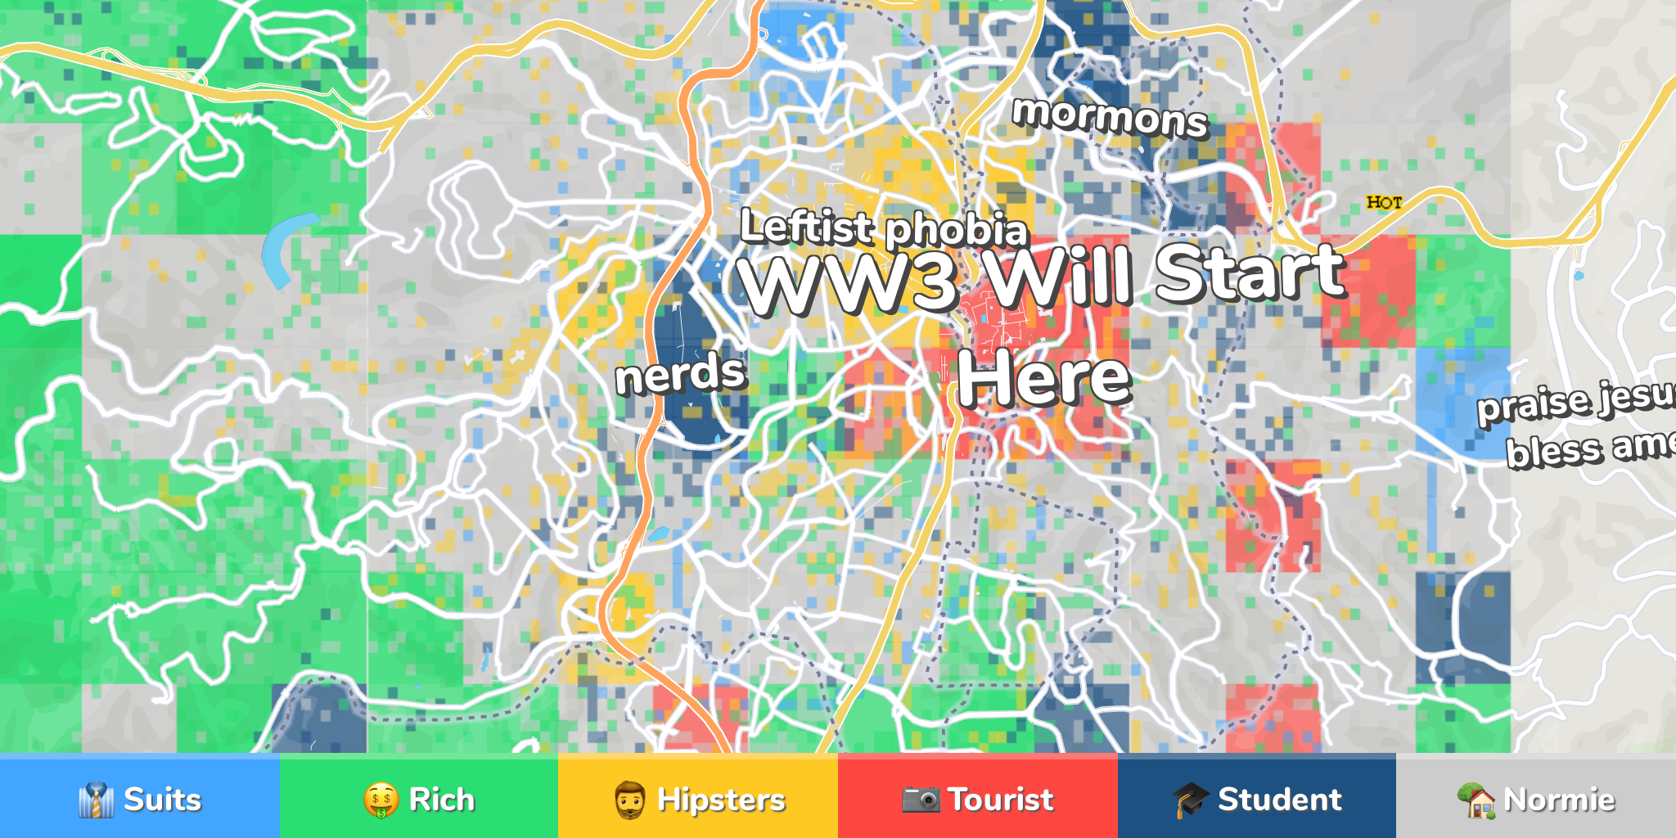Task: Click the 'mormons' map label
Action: coord(1110,116)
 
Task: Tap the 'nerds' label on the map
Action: coord(681,374)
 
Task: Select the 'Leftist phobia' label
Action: coord(883,228)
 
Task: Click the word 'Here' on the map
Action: coord(1044,377)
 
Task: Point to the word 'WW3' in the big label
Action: coord(849,282)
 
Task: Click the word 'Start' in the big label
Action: coord(1250,273)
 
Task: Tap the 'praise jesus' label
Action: coord(1576,401)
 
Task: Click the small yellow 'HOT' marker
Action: coord(1384,202)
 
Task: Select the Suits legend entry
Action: coord(140,799)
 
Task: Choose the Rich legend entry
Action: coord(419,799)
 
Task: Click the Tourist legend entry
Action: coord(978,799)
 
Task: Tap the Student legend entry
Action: coord(1257,799)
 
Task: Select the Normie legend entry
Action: coord(1536,799)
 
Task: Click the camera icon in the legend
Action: coord(921,799)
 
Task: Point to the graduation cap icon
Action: coord(1190,799)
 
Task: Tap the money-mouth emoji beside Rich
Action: coord(381,800)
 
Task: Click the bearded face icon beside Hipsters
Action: coord(629,800)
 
